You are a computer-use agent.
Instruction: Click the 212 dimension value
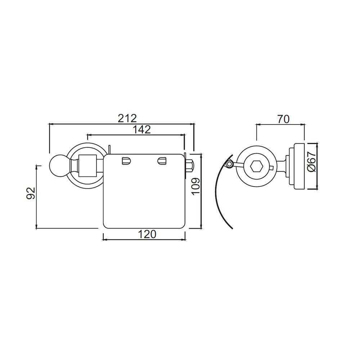coord(127,118)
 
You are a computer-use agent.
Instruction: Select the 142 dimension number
coord(142,130)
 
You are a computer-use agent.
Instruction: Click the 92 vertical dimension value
coord(31,193)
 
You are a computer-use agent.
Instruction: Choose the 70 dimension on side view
coord(283,118)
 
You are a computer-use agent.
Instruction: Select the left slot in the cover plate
coord(126,161)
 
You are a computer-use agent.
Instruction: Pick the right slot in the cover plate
coord(162,161)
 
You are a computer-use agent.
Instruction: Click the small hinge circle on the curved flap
coord(229,165)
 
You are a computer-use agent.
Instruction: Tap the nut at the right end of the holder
coord(189,166)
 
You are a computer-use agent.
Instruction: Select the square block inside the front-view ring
coord(87,166)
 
